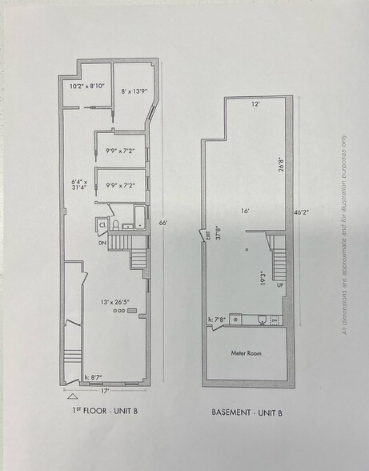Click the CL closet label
[x=102, y=225]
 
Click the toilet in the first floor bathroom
[x=117, y=224]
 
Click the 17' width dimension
[x=105, y=392]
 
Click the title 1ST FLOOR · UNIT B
[x=105, y=414]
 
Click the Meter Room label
[x=247, y=353]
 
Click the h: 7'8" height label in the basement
[x=218, y=320]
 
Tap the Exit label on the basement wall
[x=206, y=235]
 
